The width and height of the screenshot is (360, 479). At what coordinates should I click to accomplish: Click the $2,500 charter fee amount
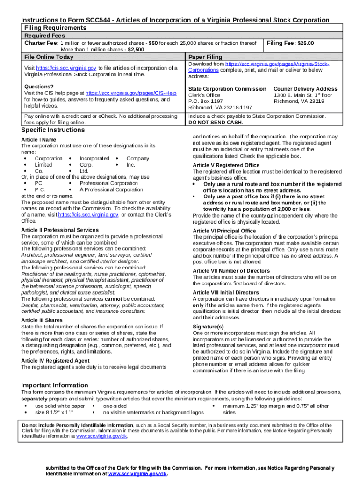point(136,49)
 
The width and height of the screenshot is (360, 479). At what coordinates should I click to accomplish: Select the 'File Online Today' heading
point(49,57)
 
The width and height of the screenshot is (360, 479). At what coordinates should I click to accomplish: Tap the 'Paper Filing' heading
point(205,57)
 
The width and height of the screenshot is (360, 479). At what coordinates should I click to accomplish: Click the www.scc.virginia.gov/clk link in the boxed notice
point(101,436)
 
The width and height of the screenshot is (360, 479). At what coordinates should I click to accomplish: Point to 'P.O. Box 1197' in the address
point(205,101)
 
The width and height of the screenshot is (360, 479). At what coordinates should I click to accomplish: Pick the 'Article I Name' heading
point(39,140)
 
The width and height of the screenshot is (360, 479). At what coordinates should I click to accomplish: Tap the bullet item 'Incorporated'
point(94,159)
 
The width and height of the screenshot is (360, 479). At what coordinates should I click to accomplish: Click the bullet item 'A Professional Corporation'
point(111,190)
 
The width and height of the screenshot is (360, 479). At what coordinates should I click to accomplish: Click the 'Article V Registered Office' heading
point(226,165)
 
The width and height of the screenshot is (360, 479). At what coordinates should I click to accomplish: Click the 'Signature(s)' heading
point(208,327)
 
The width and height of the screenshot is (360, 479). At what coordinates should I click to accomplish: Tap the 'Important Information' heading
point(54,385)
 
